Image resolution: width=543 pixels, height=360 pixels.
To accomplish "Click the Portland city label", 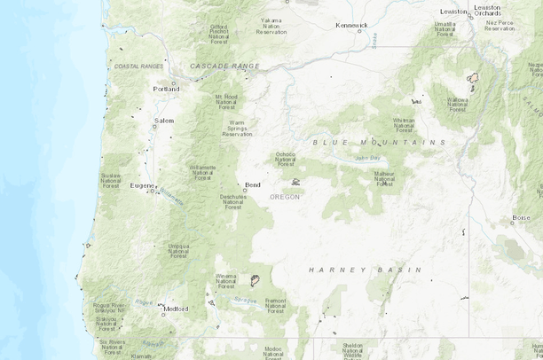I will [x=166, y=89].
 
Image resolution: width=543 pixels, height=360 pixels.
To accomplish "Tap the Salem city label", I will [x=164, y=120].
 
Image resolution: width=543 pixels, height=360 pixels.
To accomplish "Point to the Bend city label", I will [x=253, y=184].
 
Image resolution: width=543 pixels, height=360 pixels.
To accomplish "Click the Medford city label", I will [x=176, y=309].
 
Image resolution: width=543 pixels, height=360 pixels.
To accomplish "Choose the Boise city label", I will [x=521, y=217].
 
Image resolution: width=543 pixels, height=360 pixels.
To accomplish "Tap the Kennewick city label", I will [x=351, y=25].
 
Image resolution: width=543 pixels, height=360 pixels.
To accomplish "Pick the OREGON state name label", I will [x=286, y=197].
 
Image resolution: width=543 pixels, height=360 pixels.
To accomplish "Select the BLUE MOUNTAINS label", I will [x=379, y=142].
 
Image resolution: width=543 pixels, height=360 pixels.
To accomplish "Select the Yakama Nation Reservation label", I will [x=271, y=24].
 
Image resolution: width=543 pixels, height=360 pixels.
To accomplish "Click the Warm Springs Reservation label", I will [x=237, y=128].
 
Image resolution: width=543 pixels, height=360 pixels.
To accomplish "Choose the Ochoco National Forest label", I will [x=285, y=159].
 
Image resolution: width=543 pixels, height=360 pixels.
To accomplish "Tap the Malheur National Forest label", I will [x=384, y=178].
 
